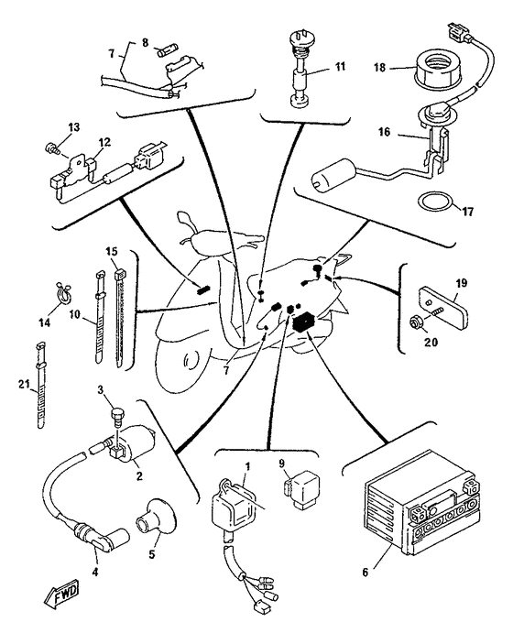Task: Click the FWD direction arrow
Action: [x=61, y=596]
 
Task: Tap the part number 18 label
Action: [x=380, y=68]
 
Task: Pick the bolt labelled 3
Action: [x=116, y=419]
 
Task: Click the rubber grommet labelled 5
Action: [x=156, y=517]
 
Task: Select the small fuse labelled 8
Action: [x=166, y=52]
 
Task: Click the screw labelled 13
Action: [x=50, y=148]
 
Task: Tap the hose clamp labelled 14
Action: [x=62, y=292]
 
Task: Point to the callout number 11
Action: [x=341, y=66]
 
